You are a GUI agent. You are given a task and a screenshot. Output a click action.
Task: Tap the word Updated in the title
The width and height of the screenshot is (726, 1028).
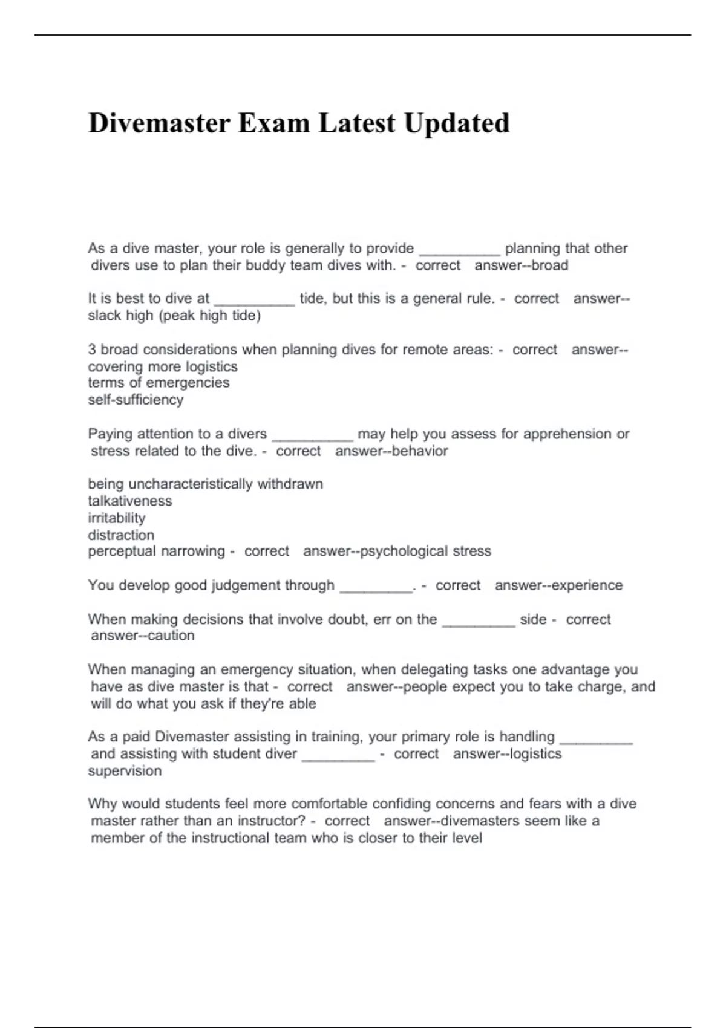coord(457,123)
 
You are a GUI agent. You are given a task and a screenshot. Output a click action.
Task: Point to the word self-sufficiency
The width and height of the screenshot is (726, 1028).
coord(136,400)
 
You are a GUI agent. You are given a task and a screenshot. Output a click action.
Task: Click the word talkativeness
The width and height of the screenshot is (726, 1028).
coord(130,501)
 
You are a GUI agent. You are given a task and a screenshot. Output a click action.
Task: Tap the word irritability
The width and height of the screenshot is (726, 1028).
coord(117,518)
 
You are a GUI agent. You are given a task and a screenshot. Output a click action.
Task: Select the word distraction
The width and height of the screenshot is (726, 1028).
coord(121,535)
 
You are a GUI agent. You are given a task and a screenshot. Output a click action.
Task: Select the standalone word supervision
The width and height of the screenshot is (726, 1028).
coord(125,771)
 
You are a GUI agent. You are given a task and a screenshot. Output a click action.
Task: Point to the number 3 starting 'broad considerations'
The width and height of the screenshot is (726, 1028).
coord(92,350)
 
